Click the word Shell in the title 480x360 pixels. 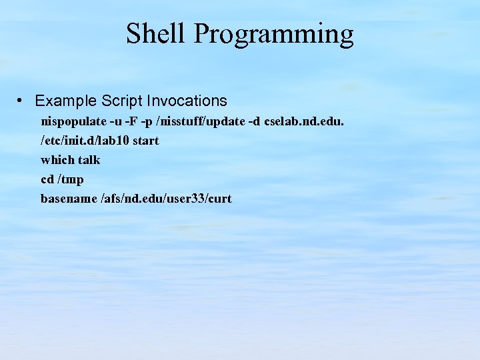click(156, 33)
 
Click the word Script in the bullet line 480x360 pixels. click(122, 101)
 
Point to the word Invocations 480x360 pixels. click(187, 101)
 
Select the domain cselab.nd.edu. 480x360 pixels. click(304, 122)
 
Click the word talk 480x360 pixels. click(89, 160)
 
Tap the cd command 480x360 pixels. click(47, 179)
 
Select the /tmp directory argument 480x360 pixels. click(71, 180)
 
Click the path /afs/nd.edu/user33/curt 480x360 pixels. click(166, 199)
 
